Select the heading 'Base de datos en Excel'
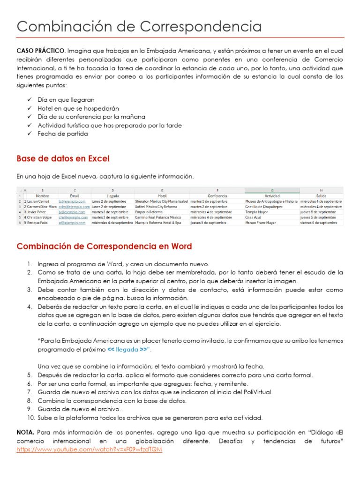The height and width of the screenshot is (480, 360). click(63, 158)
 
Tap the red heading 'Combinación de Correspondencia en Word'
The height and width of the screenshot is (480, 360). click(104, 246)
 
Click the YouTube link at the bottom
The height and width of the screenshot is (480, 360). click(89, 449)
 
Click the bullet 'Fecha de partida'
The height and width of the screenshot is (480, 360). click(63, 134)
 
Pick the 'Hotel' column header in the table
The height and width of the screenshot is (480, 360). click(162, 195)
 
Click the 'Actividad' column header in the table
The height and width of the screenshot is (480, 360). click(272, 195)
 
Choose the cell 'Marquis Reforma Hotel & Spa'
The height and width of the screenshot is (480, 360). click(161, 223)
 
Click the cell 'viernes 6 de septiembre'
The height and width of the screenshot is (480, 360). click(319, 223)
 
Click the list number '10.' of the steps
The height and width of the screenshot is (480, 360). click(30, 418)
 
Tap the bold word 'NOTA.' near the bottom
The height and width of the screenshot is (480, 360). click(25, 432)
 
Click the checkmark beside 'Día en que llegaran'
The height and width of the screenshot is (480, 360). click(30, 100)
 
